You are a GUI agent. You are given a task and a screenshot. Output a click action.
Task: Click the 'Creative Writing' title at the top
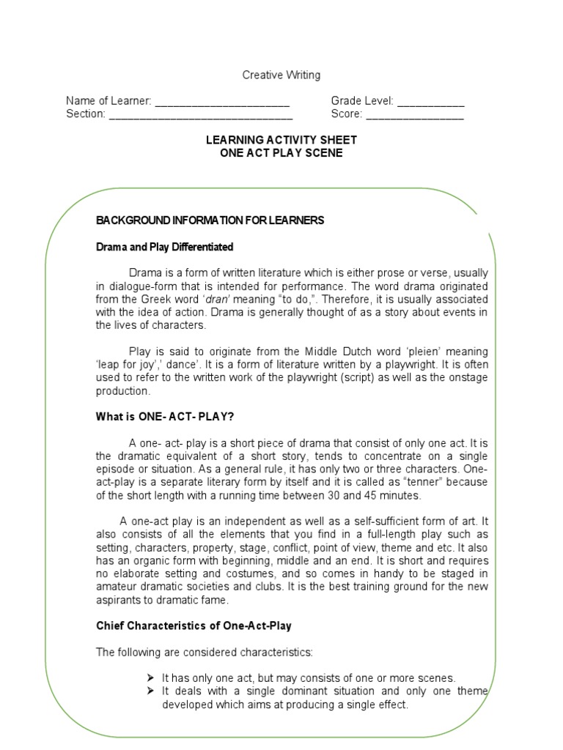(281, 75)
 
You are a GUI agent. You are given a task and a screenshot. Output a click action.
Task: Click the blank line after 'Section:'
(201, 115)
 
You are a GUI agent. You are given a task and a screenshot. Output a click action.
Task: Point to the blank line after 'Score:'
(414, 115)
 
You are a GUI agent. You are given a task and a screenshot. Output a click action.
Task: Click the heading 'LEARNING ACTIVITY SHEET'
(281, 140)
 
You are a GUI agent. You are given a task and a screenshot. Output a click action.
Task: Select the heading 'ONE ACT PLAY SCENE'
(281, 153)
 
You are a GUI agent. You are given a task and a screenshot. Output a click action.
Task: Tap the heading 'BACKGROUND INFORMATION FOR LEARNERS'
(210, 220)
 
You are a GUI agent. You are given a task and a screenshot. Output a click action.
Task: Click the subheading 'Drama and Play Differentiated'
(165, 247)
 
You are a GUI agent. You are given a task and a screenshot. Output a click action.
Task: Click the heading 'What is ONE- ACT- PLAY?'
(165, 417)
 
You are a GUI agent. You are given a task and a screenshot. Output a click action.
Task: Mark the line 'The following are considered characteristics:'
(205, 652)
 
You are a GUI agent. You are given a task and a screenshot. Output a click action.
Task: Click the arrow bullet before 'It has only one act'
(150, 678)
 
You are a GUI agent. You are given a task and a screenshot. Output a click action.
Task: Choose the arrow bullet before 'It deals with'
(150, 691)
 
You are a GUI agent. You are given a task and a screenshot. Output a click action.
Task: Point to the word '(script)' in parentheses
(378, 378)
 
